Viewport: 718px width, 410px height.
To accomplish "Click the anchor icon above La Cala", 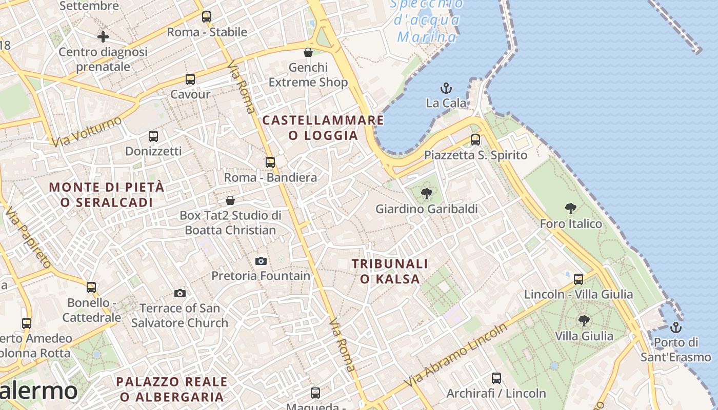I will coord(446,88).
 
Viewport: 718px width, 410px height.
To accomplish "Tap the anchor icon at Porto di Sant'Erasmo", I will coord(676,327).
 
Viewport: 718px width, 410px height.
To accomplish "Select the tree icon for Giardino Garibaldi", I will coord(426,194).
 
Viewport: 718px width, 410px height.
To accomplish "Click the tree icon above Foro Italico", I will coord(570,209).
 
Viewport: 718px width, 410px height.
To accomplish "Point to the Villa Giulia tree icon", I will coord(584,321).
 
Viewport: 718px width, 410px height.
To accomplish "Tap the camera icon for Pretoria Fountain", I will coord(261,261).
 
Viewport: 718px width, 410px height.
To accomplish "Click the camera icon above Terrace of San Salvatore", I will coord(180,293).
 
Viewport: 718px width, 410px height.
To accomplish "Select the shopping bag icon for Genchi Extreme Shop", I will coord(308,52).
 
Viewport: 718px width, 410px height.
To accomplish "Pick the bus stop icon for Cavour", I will coord(190,79).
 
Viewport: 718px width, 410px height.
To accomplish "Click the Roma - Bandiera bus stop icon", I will coord(270,162).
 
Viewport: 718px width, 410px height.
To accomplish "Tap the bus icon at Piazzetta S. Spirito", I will coord(475,140).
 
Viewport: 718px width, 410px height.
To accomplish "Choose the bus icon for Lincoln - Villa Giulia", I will coord(579,279).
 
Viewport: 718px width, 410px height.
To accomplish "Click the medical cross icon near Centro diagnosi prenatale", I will coord(103,37).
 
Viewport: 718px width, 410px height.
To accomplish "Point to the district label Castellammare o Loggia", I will coord(323,128).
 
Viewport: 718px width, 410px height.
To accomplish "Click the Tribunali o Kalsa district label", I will coord(390,271).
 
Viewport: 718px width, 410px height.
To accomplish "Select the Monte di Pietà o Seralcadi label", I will coord(107,194).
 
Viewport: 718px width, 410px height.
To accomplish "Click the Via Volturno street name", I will coord(87,131).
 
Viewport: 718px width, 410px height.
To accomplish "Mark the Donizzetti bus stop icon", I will coord(153,136).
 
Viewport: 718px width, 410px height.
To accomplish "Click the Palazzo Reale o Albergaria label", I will coord(172,389).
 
